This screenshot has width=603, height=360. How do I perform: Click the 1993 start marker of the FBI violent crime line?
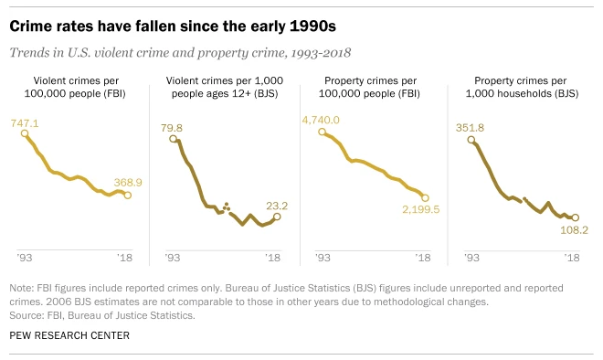25,133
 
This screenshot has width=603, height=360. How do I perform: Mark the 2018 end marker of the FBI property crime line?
425,196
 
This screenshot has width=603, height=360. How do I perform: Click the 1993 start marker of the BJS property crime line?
471,139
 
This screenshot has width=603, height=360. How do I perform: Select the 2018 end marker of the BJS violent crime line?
277,217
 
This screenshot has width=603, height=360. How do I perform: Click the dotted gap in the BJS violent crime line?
226,206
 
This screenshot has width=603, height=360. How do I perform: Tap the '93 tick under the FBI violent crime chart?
25,258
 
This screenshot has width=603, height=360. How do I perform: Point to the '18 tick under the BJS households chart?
574,258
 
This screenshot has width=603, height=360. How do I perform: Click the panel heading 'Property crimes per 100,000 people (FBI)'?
373,86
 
